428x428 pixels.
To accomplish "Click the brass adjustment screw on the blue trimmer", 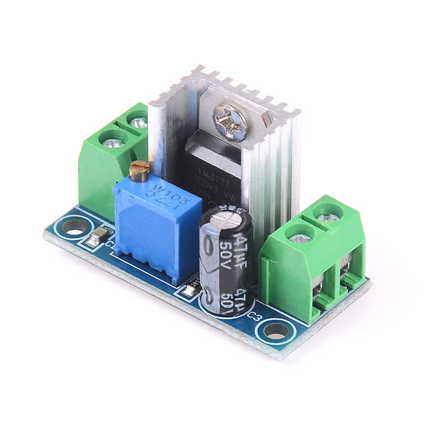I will tap(139, 171).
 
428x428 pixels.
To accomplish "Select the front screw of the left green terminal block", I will tap(112, 140).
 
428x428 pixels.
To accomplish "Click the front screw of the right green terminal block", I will tap(299, 236).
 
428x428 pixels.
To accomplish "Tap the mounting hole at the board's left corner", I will tap(74, 227).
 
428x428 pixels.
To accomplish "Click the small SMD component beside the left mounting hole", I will tap(100, 235).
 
